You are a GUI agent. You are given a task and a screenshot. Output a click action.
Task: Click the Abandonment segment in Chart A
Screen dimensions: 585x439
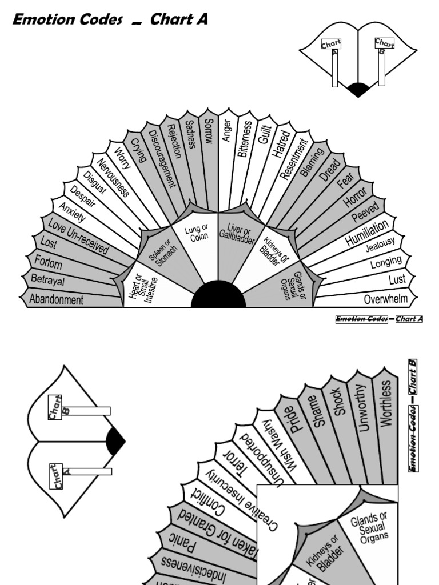[56, 299]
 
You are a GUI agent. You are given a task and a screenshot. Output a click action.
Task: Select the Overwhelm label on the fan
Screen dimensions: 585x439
[386, 299]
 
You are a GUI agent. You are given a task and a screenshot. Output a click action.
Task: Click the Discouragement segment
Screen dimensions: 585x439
[161, 158]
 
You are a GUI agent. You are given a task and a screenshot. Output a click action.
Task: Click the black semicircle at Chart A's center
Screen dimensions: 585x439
[218, 296]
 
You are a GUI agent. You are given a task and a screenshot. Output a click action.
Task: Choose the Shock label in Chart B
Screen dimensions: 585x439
[337, 403]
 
